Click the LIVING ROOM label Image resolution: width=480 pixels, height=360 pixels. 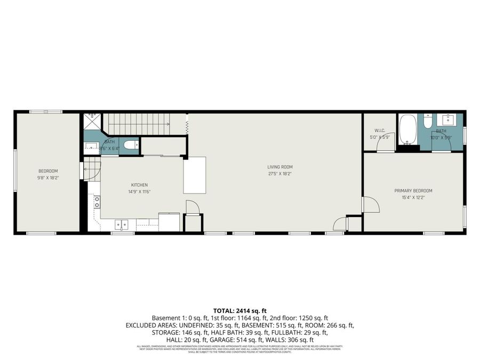[x=280, y=167]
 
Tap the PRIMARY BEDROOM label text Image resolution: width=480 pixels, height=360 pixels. [x=413, y=190]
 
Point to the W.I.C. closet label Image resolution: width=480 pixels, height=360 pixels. [x=380, y=130]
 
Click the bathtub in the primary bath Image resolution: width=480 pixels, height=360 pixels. [x=407, y=130]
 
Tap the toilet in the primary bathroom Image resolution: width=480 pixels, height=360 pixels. [x=428, y=122]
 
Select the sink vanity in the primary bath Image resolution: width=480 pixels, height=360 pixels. [x=447, y=119]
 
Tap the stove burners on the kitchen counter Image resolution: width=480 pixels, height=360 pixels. [x=97, y=202]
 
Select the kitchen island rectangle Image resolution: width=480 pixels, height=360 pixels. [x=195, y=175]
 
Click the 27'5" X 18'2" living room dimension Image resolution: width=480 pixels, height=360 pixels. [x=280, y=173]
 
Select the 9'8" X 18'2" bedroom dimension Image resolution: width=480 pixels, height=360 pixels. [x=47, y=177]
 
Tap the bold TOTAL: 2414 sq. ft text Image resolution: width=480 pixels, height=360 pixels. [x=239, y=310]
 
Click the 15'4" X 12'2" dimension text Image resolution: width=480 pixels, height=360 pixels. [x=413, y=197]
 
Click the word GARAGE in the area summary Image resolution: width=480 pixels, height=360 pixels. [x=254, y=339]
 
